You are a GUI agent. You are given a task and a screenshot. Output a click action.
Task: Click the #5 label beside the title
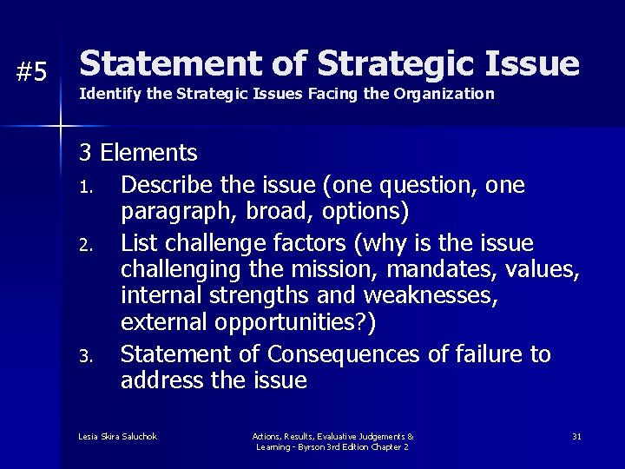[32, 73]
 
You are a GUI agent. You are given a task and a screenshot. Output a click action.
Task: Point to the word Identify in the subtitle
[103, 93]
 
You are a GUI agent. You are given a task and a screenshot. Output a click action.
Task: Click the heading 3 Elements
[138, 154]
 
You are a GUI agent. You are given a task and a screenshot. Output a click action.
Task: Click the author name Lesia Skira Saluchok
[118, 435]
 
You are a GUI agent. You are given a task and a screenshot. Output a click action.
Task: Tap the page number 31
[576, 435]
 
